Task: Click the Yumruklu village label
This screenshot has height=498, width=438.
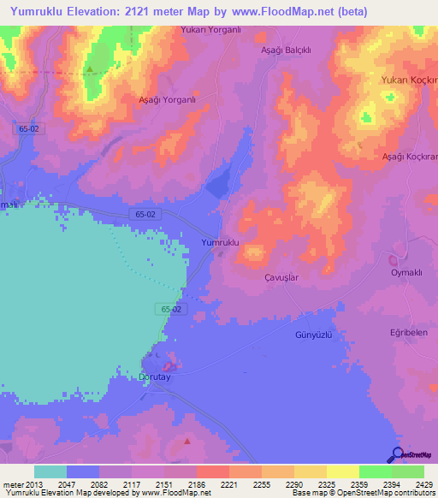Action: (x=219, y=243)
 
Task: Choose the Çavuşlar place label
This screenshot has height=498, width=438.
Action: (x=281, y=278)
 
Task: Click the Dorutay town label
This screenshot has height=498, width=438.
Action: (x=155, y=376)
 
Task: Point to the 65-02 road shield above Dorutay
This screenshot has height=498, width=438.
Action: (x=170, y=308)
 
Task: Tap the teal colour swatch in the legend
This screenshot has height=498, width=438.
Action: (x=50, y=471)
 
